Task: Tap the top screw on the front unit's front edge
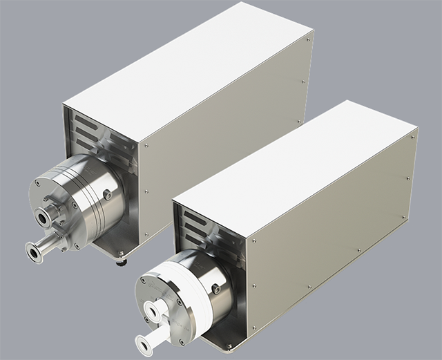pos(253,241)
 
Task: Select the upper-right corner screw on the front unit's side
pos(413,137)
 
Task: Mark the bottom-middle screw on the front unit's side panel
pos(358,249)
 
